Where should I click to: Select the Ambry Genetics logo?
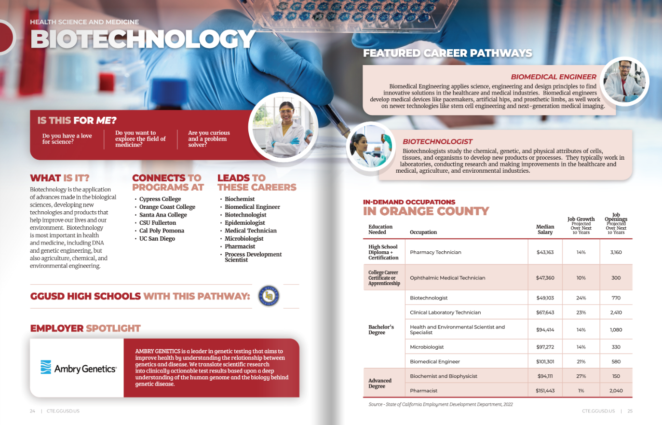click(78, 368)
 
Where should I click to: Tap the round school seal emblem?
click(269, 296)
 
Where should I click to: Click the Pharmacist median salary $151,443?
click(545, 391)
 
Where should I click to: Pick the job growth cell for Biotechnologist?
click(581, 298)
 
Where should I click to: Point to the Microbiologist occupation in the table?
click(427, 347)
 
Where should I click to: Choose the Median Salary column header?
click(545, 229)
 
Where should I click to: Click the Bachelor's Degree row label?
click(381, 329)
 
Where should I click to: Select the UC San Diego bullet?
click(157, 239)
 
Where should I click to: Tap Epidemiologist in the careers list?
click(245, 223)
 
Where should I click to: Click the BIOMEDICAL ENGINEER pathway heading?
click(553, 77)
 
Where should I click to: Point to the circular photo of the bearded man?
click(624, 81)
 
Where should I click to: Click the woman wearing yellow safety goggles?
click(284, 126)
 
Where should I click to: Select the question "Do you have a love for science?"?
click(67, 139)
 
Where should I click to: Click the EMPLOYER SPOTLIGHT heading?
click(85, 329)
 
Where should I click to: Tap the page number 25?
click(630, 411)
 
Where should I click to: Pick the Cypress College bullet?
click(160, 199)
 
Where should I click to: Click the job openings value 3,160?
click(616, 252)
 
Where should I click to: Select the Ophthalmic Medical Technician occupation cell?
click(447, 278)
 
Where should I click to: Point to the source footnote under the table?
click(440, 404)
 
